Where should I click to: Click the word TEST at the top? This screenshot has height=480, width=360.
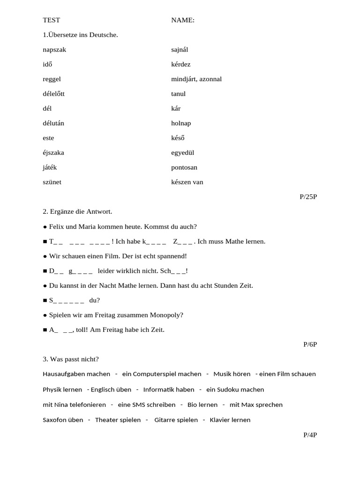[52, 20]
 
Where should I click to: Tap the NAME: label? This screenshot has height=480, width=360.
[183, 20]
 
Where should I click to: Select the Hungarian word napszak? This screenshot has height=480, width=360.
[54, 50]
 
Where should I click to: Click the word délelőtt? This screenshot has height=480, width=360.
[53, 94]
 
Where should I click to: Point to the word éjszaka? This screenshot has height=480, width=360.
[53, 153]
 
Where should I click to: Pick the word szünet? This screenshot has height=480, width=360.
[52, 182]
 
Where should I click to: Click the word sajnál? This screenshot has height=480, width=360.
[180, 50]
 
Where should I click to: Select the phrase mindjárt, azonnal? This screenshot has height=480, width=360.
[196, 79]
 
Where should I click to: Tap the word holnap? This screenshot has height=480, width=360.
[181, 123]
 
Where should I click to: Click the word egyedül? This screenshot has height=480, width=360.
[183, 153]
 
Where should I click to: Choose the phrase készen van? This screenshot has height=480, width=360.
[187, 182]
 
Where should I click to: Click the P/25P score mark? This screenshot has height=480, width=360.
[308, 197]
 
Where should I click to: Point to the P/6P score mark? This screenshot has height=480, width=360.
[310, 345]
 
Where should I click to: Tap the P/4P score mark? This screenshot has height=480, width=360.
[310, 435]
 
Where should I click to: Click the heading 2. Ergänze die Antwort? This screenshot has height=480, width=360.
[77, 212]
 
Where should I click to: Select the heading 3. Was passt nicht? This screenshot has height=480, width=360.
[71, 360]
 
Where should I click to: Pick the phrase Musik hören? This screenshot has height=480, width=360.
[232, 374]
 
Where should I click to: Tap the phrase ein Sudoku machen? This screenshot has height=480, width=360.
[235, 390]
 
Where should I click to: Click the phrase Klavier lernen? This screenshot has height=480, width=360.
[230, 420]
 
